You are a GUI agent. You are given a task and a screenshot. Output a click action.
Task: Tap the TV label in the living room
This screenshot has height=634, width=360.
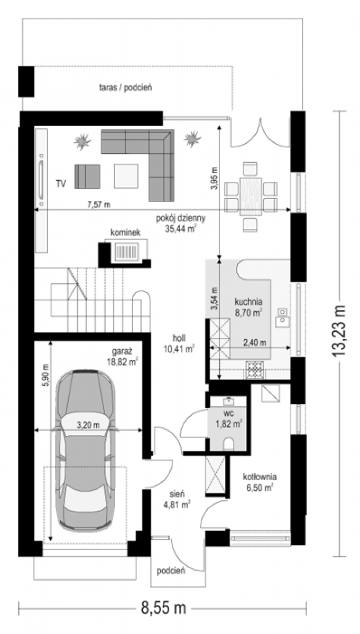click(x=61, y=184)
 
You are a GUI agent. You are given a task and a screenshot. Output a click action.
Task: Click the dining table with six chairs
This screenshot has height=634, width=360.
click(x=251, y=197)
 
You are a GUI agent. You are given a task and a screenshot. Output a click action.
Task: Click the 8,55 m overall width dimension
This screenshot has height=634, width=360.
click(x=163, y=607)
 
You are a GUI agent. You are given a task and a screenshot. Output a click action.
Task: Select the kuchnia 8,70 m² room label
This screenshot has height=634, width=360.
click(x=248, y=307)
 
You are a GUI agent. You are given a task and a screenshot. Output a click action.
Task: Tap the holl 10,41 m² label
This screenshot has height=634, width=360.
click(x=179, y=343)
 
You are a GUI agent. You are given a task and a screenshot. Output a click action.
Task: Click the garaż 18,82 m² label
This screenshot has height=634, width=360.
click(x=122, y=357)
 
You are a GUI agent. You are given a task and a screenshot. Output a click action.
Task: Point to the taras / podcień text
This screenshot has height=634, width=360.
click(x=125, y=88)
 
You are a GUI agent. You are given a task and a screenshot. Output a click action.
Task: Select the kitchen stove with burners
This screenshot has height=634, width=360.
click(x=255, y=370)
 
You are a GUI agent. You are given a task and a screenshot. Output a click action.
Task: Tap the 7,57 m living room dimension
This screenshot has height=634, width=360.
click(x=98, y=204)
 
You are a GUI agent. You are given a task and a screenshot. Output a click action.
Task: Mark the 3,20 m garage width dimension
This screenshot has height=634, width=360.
click(x=88, y=425)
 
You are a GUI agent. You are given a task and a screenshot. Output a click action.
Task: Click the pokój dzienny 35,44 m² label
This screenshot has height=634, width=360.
click(x=181, y=223)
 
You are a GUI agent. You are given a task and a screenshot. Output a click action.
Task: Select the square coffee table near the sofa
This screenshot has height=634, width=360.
click(x=126, y=176)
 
